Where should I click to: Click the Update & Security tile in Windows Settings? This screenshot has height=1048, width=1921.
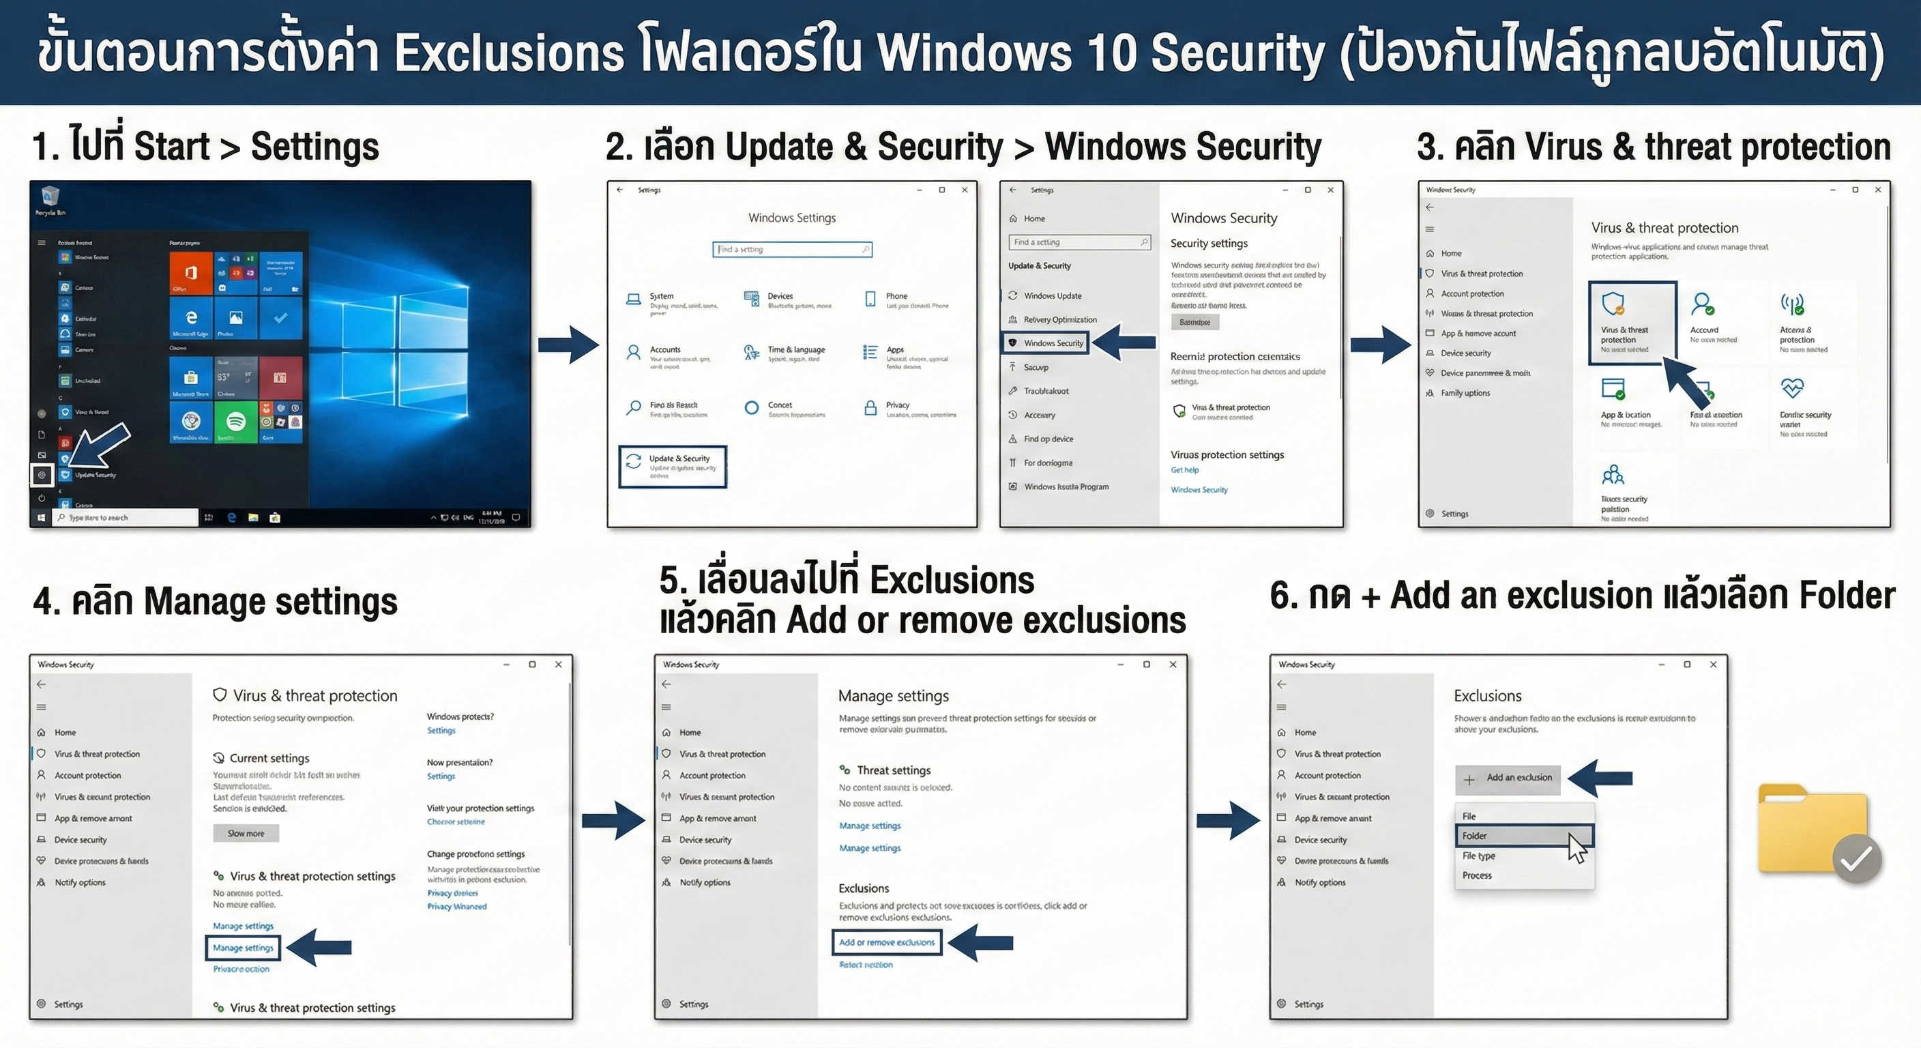click(x=673, y=465)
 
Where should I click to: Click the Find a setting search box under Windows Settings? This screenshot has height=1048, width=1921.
click(x=791, y=249)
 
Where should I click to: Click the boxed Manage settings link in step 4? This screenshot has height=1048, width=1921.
click(x=243, y=947)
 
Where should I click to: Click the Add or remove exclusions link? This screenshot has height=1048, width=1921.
click(x=886, y=942)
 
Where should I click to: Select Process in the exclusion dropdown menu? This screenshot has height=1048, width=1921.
click(x=1476, y=875)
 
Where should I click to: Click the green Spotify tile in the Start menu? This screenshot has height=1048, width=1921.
click(x=235, y=422)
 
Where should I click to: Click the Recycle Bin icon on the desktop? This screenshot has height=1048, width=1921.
click(x=50, y=197)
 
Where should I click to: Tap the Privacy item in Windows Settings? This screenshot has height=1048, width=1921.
click(x=897, y=405)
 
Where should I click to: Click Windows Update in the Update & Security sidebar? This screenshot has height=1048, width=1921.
click(x=1051, y=295)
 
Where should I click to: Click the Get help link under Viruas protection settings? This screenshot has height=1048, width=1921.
click(x=1184, y=470)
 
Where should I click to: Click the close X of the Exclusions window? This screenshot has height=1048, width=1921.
click(x=1713, y=664)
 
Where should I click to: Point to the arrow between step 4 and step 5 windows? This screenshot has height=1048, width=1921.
click(x=613, y=821)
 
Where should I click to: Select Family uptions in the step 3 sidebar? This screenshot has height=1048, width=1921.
click(x=1465, y=392)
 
